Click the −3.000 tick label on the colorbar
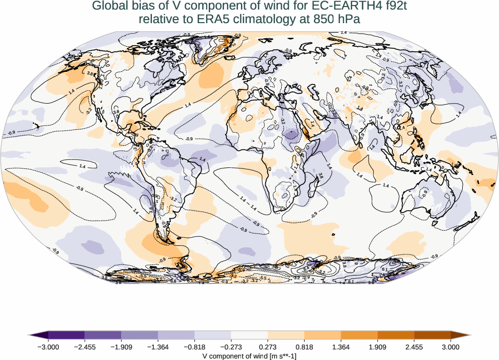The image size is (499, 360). coord(48,346)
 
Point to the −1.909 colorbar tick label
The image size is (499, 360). coord(121,346)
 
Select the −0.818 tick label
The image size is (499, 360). coord(195,346)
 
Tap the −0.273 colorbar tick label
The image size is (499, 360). coord(231,346)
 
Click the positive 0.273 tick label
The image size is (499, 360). coord(268,346)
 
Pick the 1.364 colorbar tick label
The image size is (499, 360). coord(341,346)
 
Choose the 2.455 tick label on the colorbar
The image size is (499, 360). coord(414,346)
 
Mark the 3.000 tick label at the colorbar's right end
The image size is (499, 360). coord(451,346)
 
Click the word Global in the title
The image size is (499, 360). coord(109,7)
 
